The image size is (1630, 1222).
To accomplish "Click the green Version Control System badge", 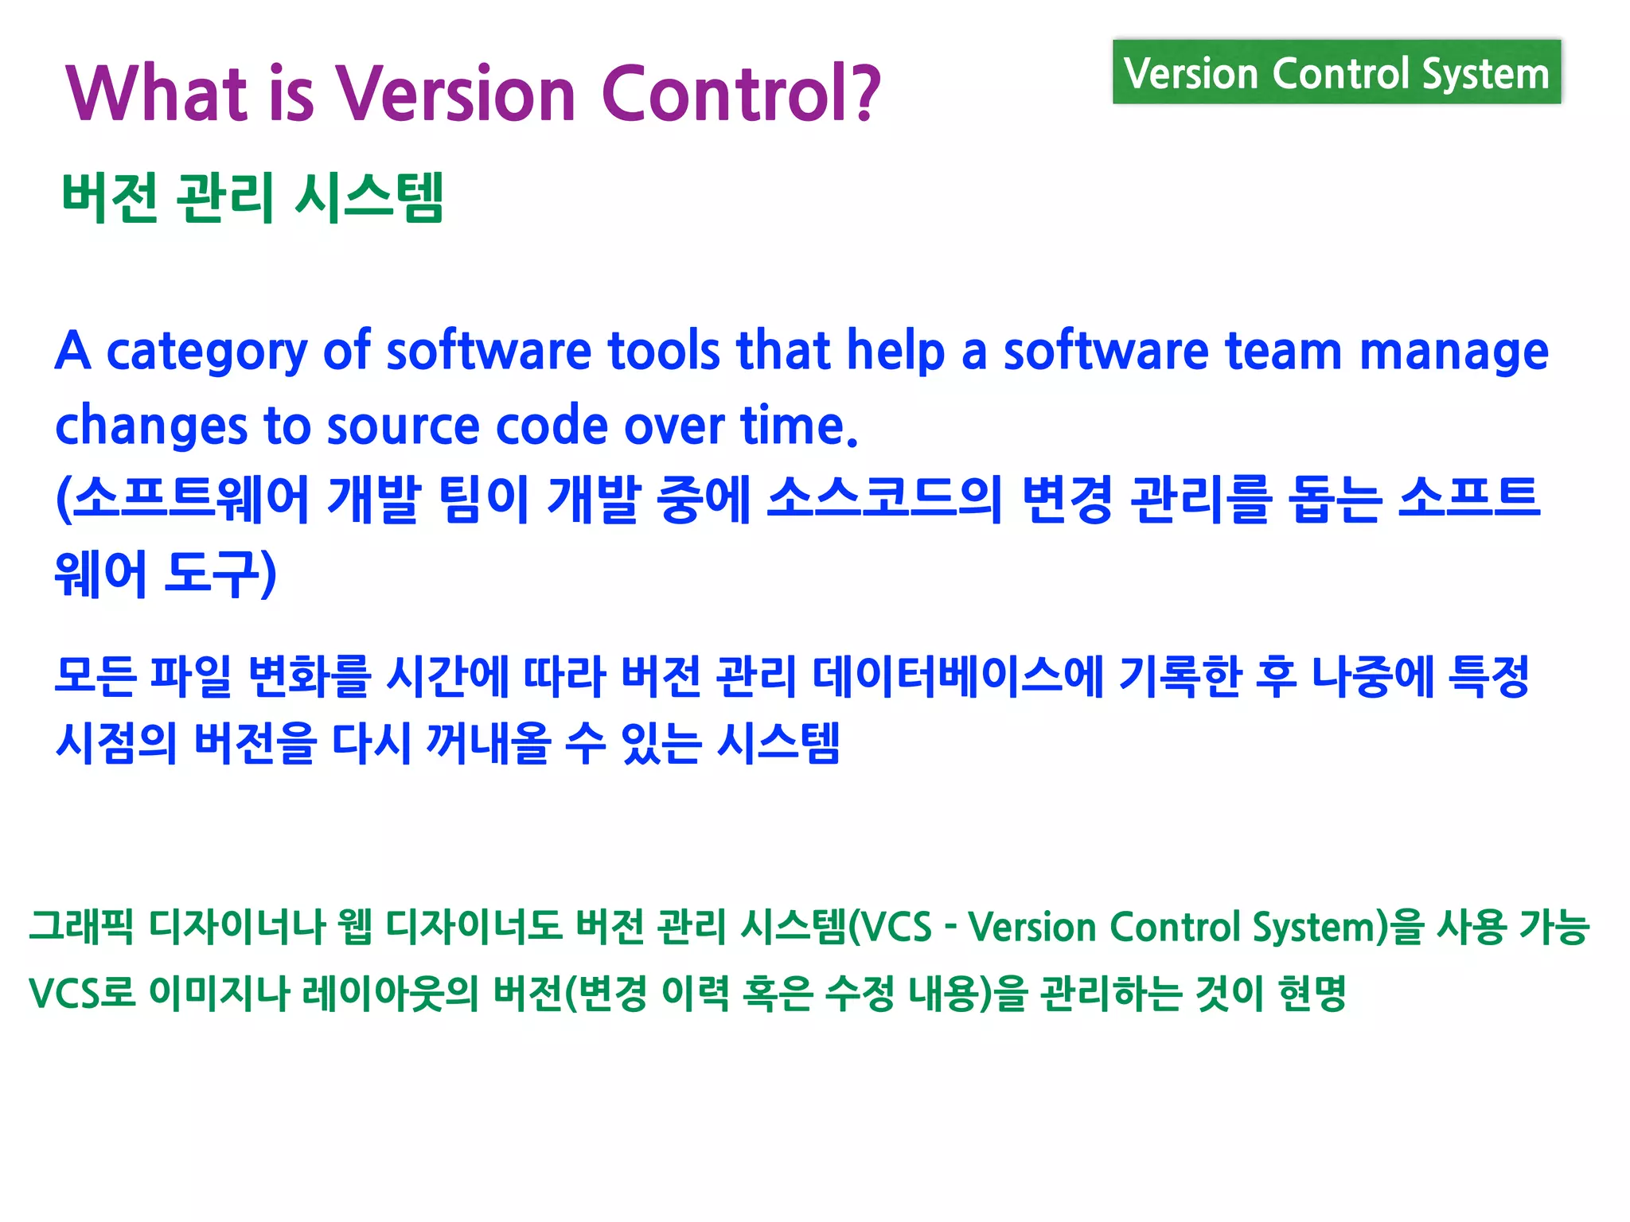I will (1336, 73).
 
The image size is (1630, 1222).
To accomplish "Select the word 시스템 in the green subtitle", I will (369, 197).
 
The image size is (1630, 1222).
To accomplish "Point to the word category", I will (206, 352).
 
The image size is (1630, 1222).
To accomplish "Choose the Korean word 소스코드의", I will (883, 500).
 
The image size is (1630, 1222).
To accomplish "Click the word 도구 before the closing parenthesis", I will (213, 573).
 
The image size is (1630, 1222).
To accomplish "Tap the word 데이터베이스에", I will (957, 676).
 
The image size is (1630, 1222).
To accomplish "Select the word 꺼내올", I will (488, 743).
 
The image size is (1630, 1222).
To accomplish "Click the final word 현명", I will (1311, 993).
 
